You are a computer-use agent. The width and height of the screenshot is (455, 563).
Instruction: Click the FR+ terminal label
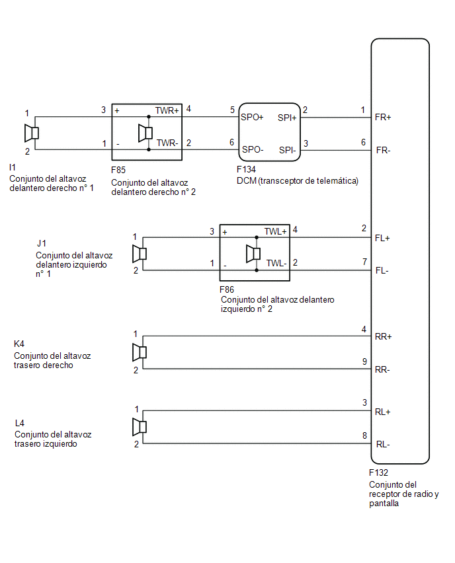tap(383, 118)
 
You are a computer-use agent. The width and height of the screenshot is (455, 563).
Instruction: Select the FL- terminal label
tap(382, 271)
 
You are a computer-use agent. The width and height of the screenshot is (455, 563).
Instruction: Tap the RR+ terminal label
tap(383, 337)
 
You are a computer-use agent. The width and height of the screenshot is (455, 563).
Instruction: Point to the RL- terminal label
tap(383, 445)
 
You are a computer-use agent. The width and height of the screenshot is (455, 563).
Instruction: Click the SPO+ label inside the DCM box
tap(252, 118)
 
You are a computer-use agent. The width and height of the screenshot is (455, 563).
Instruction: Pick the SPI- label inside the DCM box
tap(288, 150)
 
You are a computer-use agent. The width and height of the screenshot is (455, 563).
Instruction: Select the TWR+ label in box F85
tap(167, 110)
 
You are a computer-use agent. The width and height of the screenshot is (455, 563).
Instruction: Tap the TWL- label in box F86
tap(276, 263)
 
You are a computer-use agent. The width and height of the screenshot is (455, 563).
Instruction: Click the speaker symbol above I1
tap(32, 133)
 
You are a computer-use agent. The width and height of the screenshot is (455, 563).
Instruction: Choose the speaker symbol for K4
tap(140, 352)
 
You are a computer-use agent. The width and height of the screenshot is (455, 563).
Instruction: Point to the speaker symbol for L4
tap(140, 427)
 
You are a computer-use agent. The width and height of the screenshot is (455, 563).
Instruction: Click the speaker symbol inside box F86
tap(253, 254)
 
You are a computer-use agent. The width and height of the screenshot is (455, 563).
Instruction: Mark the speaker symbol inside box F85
tap(145, 133)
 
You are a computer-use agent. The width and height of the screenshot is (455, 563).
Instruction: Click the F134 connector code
tap(246, 169)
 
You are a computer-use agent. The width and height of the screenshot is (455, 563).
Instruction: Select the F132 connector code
tap(378, 473)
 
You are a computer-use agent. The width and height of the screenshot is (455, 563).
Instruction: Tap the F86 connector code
tap(227, 289)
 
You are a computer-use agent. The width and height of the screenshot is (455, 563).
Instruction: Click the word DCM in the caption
tap(247, 180)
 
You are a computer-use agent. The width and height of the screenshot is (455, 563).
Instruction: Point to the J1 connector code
tap(42, 243)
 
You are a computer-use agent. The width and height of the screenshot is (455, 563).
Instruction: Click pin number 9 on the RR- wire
tap(364, 361)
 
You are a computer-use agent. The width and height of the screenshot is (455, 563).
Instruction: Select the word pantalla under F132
tap(384, 504)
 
